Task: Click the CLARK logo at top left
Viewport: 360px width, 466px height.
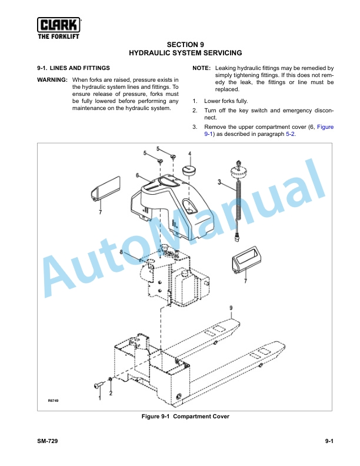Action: pos(59,28)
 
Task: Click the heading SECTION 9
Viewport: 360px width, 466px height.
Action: pos(185,45)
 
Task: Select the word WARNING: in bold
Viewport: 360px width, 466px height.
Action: pos(52,80)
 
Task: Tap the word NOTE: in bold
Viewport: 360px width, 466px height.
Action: pos(201,68)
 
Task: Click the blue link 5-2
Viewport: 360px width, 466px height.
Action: pos(290,134)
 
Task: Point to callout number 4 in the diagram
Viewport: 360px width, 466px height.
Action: pos(189,154)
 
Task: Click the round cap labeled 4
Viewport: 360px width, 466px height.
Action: pos(188,171)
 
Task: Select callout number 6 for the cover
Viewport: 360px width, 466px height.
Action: pos(138,175)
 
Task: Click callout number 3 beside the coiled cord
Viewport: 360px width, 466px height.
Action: pos(219,182)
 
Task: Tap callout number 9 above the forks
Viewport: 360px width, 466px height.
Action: pos(231,308)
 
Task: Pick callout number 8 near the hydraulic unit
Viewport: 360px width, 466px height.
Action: pos(121,252)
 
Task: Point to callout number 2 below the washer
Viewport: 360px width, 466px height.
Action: pos(111,393)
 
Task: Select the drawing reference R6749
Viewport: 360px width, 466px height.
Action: pos(53,401)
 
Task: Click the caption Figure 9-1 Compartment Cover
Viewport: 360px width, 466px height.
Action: pos(185,417)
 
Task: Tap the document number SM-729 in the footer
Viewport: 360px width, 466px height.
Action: pos(48,441)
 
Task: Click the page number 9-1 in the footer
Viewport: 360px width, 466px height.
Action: pos(329,441)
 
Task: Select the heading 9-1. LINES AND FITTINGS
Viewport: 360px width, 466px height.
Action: pos(74,68)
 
